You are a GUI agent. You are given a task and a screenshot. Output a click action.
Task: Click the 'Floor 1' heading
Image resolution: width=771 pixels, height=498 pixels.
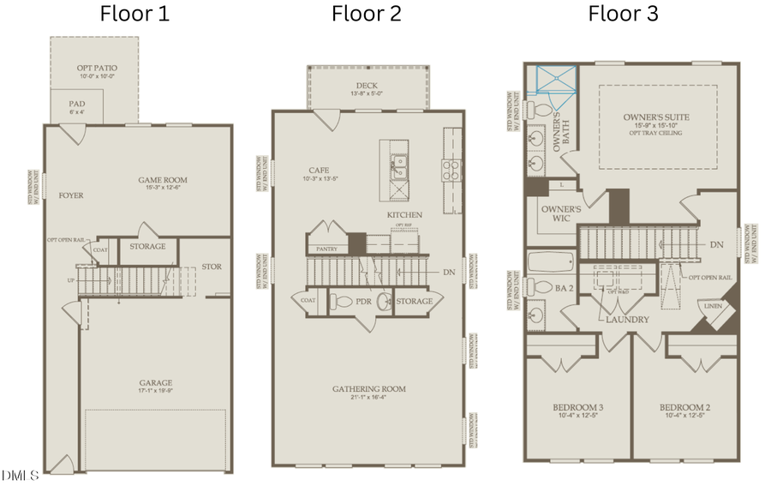[134, 14]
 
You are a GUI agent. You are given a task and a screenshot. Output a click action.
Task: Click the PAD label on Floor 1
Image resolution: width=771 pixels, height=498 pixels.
[77, 103]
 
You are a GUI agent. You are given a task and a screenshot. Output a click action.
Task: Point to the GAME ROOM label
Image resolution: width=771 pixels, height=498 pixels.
[163, 180]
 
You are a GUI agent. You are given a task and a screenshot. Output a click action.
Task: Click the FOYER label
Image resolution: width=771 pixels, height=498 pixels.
[71, 195]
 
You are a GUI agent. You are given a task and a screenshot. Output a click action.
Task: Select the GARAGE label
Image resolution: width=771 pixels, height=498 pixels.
[156, 383]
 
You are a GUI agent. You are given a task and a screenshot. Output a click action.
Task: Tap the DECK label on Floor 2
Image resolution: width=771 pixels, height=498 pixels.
[368, 86]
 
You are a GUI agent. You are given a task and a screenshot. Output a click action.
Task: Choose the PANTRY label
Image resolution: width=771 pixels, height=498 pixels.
[326, 249]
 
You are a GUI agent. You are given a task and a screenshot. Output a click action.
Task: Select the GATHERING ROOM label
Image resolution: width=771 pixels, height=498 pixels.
[369, 389]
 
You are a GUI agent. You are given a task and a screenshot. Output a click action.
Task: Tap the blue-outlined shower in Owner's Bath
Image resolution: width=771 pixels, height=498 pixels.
[552, 79]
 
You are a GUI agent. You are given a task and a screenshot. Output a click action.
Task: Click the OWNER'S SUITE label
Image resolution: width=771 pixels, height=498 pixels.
[656, 117]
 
